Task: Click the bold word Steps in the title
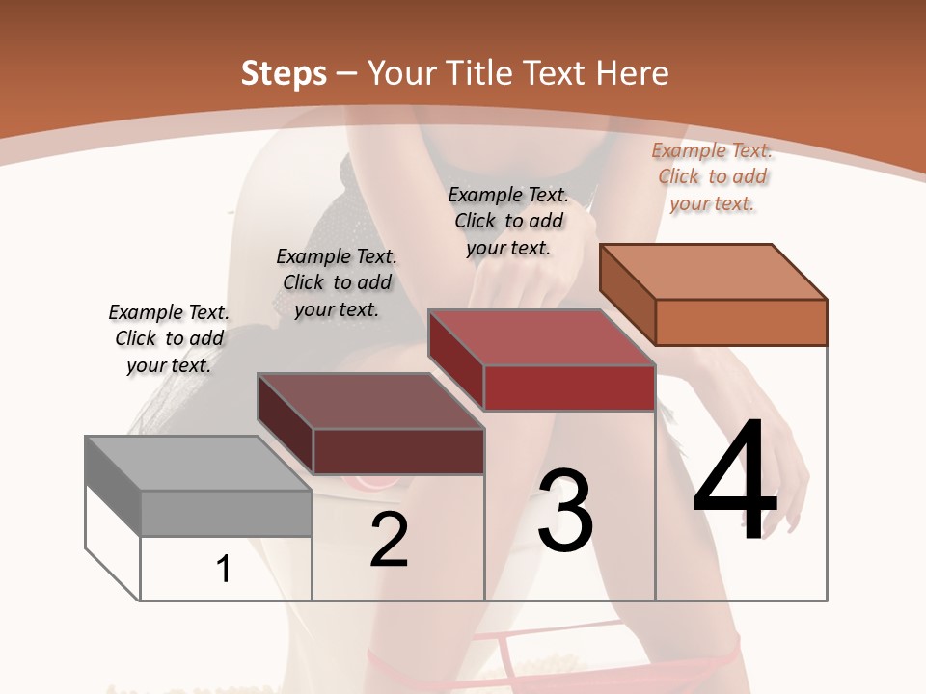coord(284,73)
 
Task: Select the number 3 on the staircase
coord(565,511)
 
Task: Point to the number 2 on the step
coord(389,541)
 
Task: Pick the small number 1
coord(224,570)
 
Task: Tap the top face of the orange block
coord(714,272)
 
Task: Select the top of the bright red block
coord(542,337)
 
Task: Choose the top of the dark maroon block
coord(370,401)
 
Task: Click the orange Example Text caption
coord(712,176)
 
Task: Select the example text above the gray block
coord(169,338)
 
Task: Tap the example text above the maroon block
coord(337,282)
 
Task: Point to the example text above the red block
coord(508,221)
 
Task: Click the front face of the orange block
coord(741,322)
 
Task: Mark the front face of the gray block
coord(226,513)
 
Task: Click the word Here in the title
coord(632,73)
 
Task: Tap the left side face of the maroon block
coord(285,424)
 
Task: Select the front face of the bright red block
coord(569,388)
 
